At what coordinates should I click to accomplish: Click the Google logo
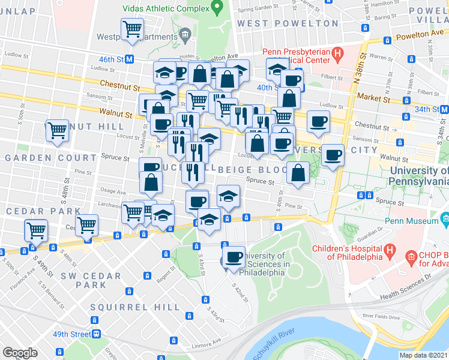tap(20, 353)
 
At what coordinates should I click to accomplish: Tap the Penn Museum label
tap(415, 221)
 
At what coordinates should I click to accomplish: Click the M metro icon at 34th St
tap(444, 109)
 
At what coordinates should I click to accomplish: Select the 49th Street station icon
tap(95, 334)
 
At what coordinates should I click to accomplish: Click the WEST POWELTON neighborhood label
tap(288, 23)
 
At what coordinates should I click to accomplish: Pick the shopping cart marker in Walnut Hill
tap(58, 130)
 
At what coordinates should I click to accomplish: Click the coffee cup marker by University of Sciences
tap(234, 257)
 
